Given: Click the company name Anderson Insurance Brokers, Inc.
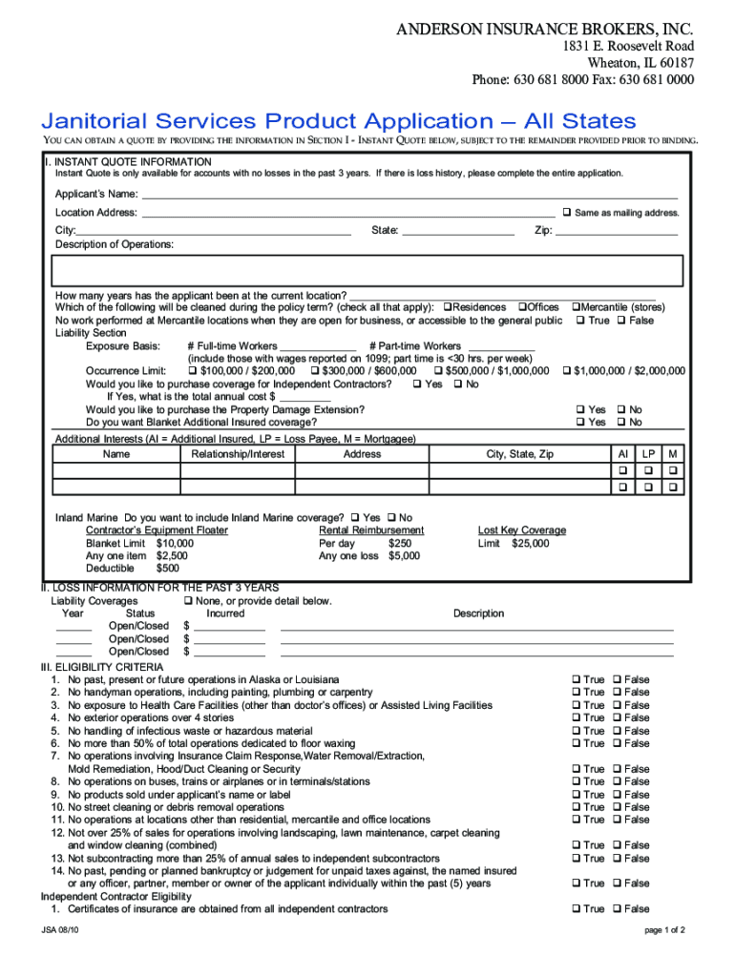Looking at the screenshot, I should click(x=545, y=30).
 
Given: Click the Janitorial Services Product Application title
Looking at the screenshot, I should click(x=337, y=121).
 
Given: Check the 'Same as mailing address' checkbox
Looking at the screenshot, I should click(x=566, y=212).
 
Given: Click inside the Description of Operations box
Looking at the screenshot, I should click(x=368, y=270).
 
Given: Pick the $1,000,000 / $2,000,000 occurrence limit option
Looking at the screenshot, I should click(x=566, y=370).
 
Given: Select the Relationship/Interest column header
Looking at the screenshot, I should click(x=238, y=454).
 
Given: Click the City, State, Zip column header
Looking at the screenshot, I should click(x=519, y=454).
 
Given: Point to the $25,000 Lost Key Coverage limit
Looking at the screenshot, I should click(x=530, y=543).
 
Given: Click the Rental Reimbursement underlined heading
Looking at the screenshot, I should click(x=371, y=530).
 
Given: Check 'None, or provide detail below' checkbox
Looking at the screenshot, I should click(x=188, y=601).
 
